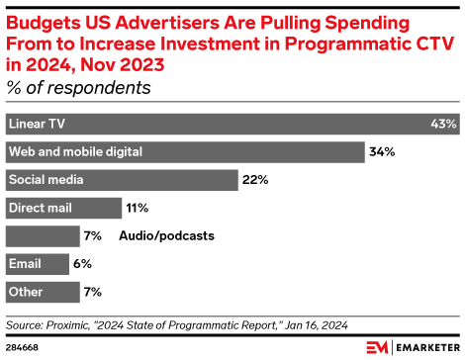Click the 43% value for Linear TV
tap(443, 125)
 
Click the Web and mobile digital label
tap(75, 152)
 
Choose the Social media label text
tap(46, 180)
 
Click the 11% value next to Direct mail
tap(137, 208)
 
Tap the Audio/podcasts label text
tap(166, 236)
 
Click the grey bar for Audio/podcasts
tap(43, 236)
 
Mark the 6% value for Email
tap(83, 264)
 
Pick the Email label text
tap(25, 264)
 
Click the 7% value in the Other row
tap(94, 292)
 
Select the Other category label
tap(26, 292)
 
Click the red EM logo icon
tap(377, 347)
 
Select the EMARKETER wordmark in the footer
tap(425, 347)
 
